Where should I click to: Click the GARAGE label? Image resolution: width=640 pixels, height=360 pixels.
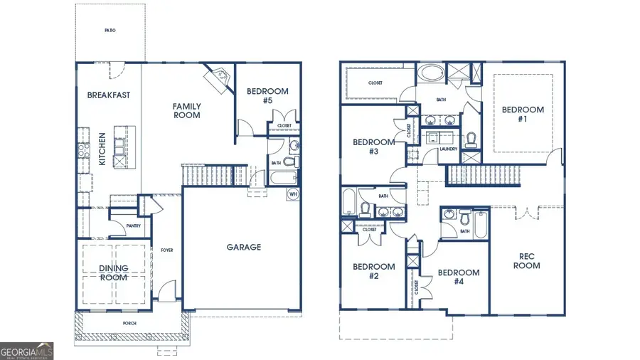[244, 248]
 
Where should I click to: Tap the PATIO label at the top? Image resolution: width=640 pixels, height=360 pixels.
[110, 31]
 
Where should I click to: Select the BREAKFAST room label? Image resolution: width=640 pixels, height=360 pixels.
[109, 95]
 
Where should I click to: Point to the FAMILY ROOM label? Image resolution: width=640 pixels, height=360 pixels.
[187, 110]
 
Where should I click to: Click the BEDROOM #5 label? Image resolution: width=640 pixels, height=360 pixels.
[267, 95]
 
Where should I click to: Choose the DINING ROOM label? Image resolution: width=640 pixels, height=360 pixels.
[114, 272]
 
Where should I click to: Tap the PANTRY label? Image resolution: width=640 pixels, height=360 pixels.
[133, 226]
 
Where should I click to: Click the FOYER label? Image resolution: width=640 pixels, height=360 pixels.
[167, 250]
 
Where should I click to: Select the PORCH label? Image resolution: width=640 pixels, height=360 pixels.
[129, 324]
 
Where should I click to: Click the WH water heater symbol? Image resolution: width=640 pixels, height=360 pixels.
[293, 194]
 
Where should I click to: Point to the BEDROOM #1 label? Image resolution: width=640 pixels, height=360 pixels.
[523, 115]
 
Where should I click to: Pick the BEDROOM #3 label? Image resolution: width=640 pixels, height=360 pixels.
[373, 147]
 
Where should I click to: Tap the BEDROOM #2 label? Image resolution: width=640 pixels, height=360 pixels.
[373, 271]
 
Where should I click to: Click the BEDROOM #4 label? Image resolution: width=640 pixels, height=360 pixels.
[458, 277]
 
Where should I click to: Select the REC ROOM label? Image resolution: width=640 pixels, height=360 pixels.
[527, 261]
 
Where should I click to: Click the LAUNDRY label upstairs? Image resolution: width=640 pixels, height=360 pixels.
[448, 149]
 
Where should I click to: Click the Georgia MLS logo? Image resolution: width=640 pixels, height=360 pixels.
[27, 351]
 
